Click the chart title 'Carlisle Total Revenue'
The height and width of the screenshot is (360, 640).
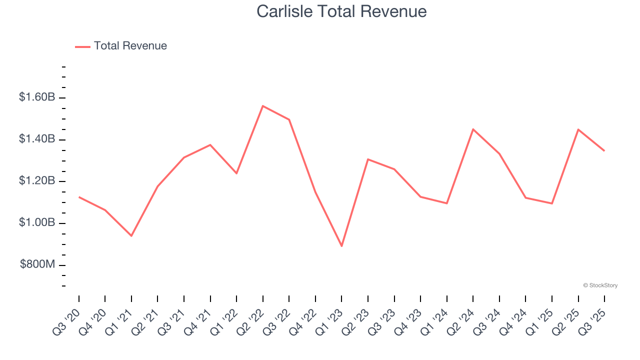(341, 11)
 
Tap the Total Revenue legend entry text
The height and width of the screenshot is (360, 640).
(130, 46)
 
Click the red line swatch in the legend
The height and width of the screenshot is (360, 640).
(82, 46)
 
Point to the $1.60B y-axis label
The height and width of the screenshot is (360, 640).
(37, 97)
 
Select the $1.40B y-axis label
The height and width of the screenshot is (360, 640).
(37, 139)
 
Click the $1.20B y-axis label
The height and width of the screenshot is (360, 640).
(37, 180)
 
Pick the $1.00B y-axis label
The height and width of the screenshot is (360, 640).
(37, 222)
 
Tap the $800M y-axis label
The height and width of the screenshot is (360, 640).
(37, 264)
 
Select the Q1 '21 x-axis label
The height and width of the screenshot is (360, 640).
(120, 321)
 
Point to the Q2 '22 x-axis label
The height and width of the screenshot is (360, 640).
(251, 321)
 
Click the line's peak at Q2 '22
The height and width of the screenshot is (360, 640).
(262, 106)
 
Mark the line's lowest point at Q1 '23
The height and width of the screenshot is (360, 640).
(341, 246)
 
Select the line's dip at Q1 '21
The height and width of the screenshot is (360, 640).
(131, 235)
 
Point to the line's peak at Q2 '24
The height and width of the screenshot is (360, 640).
(473, 129)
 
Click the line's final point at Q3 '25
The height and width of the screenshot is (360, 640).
(604, 150)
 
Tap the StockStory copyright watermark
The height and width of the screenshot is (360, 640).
(600, 285)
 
